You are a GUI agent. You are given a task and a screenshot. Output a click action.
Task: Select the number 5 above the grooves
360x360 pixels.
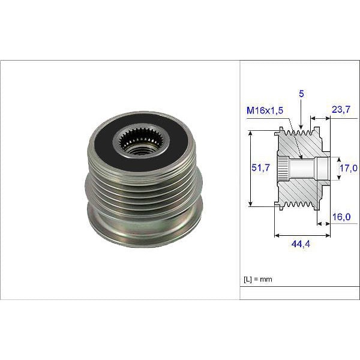pyautogui.click(x=301, y=94)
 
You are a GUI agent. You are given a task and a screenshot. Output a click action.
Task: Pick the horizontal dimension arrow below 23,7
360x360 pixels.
pyautogui.click(x=320, y=119)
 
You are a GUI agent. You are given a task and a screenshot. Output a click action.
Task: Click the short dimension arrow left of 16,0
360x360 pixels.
pyautogui.click(x=323, y=223)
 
